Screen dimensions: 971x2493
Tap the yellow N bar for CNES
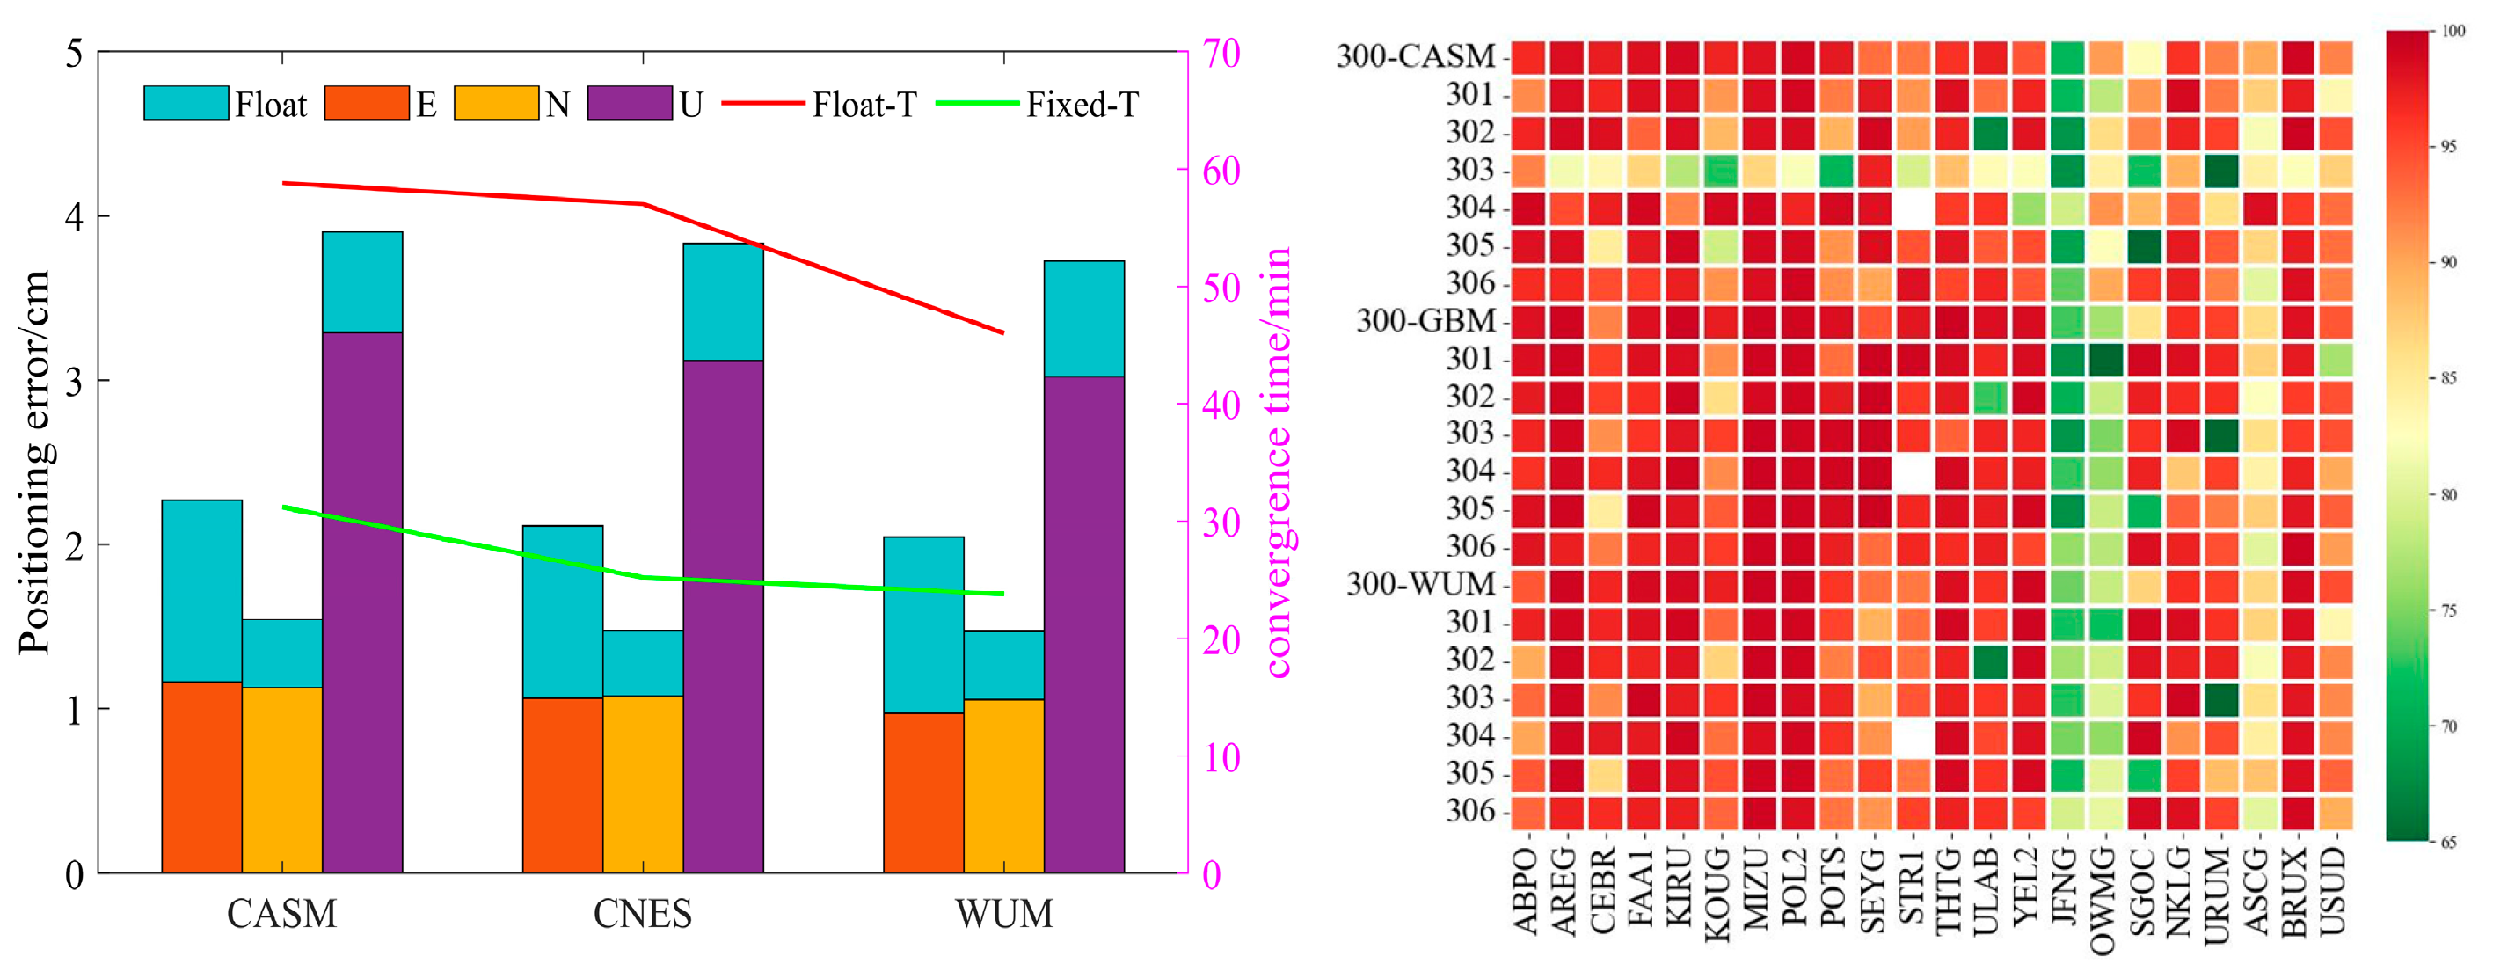(x=643, y=785)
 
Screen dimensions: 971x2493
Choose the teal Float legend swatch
(x=186, y=104)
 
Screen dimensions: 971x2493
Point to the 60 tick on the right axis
(x=1221, y=171)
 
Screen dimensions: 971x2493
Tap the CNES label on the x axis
(x=643, y=914)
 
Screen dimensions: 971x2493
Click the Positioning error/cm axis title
(x=34, y=463)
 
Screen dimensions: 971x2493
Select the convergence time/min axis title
(x=1278, y=463)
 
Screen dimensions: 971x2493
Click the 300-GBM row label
(x=1425, y=320)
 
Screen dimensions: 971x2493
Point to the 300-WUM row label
(x=1421, y=584)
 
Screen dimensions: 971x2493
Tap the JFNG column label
(x=2066, y=891)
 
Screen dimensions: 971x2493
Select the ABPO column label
(x=1527, y=891)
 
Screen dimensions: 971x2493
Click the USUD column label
(x=2335, y=891)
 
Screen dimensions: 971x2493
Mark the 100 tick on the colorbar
(x=2453, y=31)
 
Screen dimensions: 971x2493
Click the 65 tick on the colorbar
(x=2448, y=842)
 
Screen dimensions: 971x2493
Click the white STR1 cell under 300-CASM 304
(x=1913, y=208)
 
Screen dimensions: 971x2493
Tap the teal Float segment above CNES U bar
(x=723, y=302)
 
